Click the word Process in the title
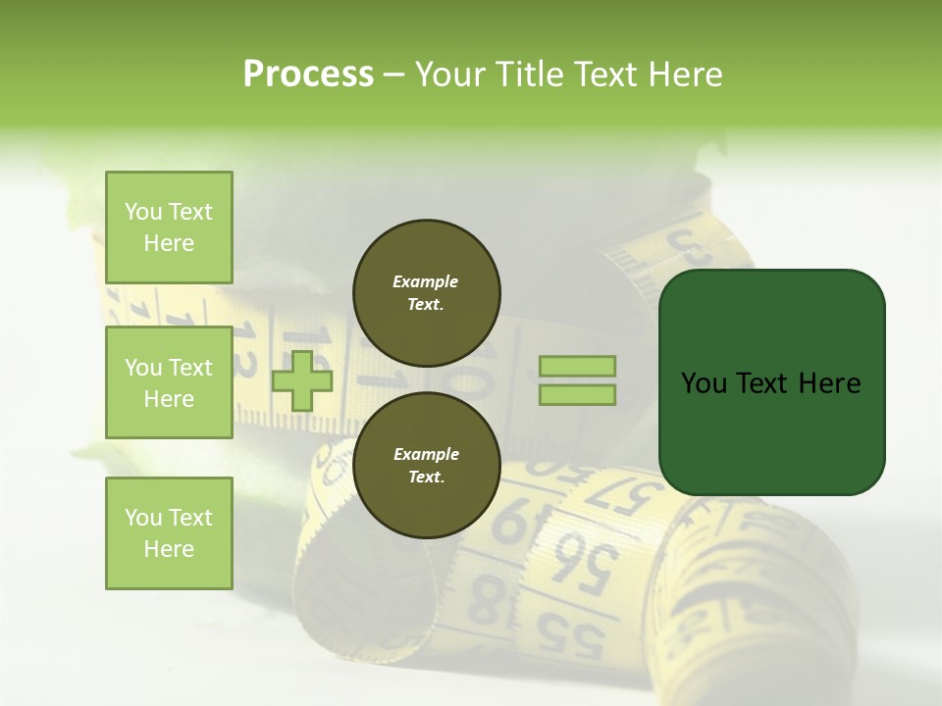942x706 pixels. pos(308,75)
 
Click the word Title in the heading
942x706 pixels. pos(530,75)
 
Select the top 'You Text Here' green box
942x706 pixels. pos(169,227)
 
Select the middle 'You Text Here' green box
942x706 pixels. pos(169,382)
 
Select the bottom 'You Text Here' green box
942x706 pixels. pos(169,532)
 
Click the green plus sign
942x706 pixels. pos(302,380)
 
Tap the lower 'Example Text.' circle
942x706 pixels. pos(427,465)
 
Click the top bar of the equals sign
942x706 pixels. pos(578,366)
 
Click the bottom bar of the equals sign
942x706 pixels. pos(578,395)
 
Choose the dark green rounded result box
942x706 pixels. pos(771,382)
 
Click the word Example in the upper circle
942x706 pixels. pos(426,281)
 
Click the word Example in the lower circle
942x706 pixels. pos(426,454)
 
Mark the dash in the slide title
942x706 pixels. pos(394,76)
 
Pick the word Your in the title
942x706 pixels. pos(452,75)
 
